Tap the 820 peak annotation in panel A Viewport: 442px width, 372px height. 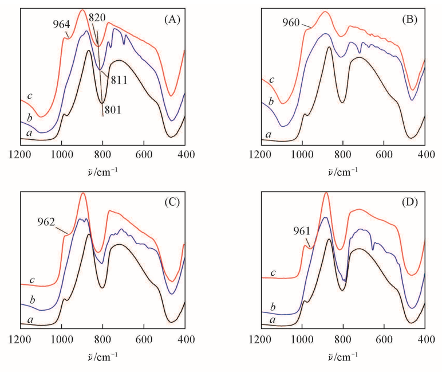tap(97, 18)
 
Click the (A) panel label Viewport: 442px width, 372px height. tap(172, 19)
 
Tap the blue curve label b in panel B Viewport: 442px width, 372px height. tap(271, 101)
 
